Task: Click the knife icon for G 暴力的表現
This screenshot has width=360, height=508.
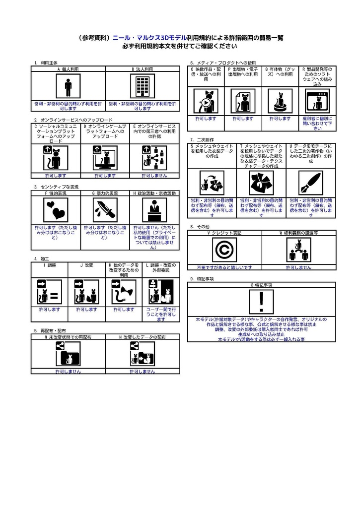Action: pos(105,211)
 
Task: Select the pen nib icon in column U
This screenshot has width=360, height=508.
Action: pos(311,183)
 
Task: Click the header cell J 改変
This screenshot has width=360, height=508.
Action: pos(86,265)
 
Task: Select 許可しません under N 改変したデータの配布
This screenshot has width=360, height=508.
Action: pos(143,371)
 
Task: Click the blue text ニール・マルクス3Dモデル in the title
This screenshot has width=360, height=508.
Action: pos(146,38)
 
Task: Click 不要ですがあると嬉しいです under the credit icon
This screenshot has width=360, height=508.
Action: pos(224,267)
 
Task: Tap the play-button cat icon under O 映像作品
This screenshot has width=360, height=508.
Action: pos(205,102)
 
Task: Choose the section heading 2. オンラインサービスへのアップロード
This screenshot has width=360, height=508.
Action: pos(73,120)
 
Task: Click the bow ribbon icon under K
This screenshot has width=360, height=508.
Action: pos(124,292)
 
